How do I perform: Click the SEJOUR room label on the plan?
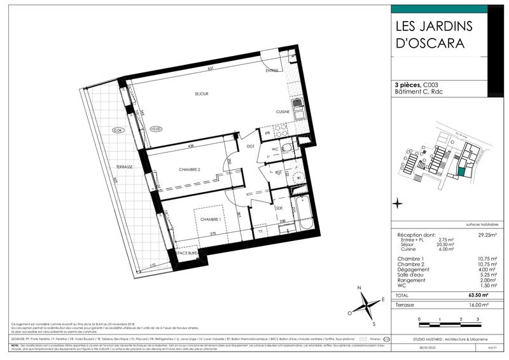202,93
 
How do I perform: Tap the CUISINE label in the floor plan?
283,112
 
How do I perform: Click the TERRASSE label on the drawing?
124,167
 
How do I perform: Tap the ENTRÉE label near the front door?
273,71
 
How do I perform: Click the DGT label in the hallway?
251,146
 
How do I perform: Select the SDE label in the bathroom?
279,207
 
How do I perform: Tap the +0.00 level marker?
155,129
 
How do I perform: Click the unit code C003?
431,85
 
